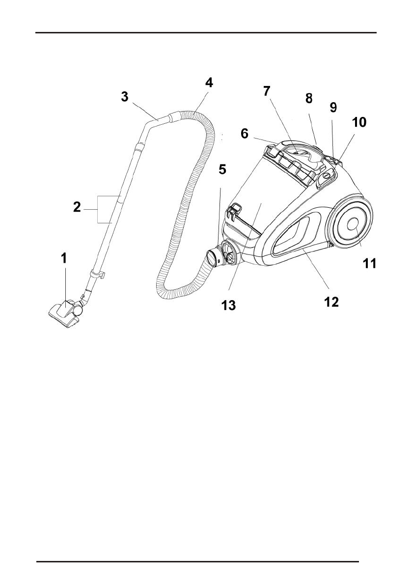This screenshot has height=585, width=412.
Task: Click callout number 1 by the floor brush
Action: (x=64, y=258)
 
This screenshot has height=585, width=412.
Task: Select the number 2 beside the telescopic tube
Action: (x=77, y=207)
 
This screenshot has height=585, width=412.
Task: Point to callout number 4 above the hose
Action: (x=209, y=83)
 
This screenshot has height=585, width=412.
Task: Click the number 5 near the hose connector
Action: (x=222, y=170)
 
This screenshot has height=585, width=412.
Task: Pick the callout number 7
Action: (x=267, y=91)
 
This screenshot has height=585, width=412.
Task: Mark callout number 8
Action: (x=308, y=99)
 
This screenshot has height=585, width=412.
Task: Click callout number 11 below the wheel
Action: (x=369, y=264)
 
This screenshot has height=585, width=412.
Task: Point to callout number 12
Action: (x=331, y=301)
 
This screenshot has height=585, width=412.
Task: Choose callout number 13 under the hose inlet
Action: (x=229, y=306)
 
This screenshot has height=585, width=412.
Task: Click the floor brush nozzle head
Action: (x=64, y=311)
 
